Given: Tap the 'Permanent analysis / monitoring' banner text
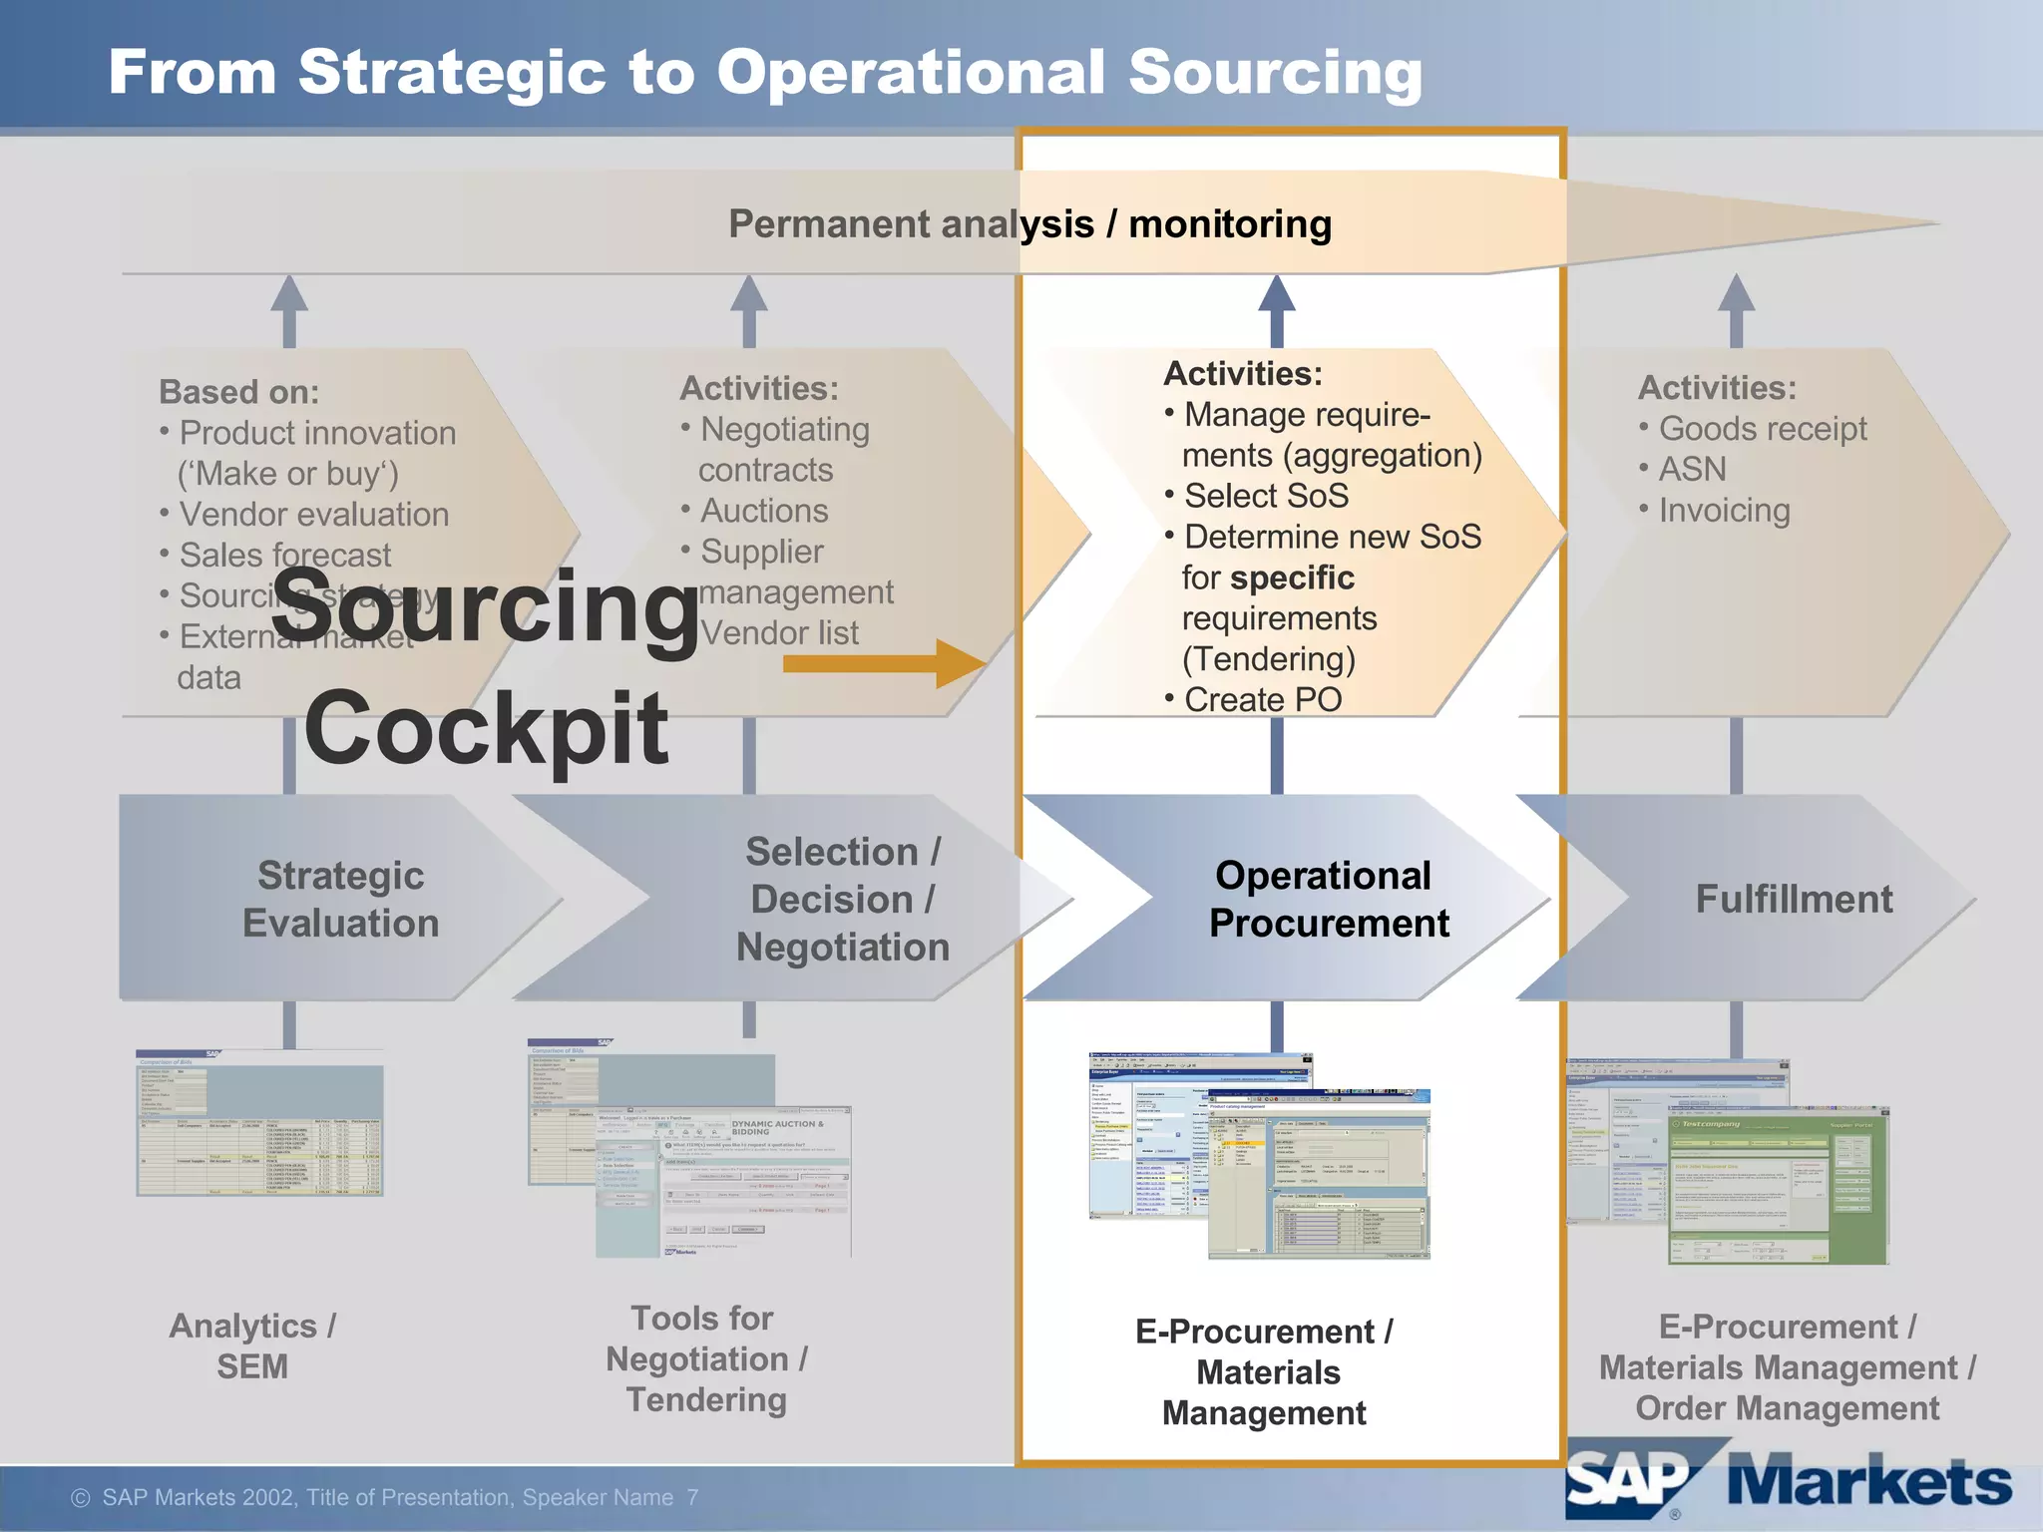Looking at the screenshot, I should coord(1029,224).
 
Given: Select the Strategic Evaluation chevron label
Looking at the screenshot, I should coord(340,899).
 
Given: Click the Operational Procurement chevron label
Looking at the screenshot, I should coord(1328,899).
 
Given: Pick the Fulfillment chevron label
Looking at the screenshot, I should coord(1794,899).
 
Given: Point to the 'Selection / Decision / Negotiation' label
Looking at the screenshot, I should coord(842,899).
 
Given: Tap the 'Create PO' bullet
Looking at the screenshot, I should coord(1262,700).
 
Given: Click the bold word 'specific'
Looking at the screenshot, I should coord(1292,577).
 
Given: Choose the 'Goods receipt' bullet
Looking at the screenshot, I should coord(1762,429).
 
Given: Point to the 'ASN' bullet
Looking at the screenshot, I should coord(1692,469).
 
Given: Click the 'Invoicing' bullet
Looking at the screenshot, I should coord(1724,511).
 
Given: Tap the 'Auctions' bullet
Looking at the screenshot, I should coord(764,511).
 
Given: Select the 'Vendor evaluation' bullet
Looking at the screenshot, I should coord(313,515).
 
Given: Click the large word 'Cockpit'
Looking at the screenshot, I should coord(486,729).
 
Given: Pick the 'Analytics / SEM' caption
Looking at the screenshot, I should coord(252,1346).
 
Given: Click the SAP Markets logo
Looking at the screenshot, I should coord(1786,1482).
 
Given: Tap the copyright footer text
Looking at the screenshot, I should coord(384,1497).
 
